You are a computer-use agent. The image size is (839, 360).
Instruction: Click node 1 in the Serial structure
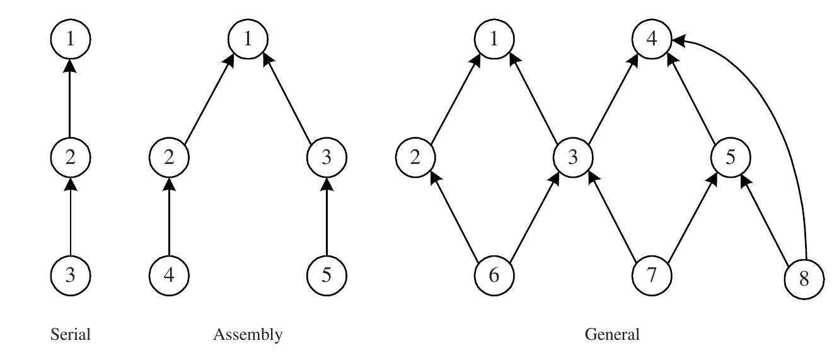[70, 39]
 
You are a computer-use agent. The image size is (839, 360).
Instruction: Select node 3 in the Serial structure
[70, 276]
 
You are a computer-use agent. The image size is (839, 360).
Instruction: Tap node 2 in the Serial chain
[70, 156]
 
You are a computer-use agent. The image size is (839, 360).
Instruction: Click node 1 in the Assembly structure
[248, 39]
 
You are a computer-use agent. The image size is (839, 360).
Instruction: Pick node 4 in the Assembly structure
[169, 276]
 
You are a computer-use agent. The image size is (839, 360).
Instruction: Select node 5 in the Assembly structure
[327, 276]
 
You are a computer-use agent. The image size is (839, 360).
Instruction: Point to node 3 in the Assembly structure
[327, 156]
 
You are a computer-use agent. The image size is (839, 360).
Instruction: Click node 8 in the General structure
[804, 279]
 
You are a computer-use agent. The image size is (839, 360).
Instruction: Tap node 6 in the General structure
[494, 276]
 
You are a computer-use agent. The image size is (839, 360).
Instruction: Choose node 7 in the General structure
[652, 276]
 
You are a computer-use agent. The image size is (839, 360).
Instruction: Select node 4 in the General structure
[652, 39]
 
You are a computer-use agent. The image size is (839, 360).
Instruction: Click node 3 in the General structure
[573, 156]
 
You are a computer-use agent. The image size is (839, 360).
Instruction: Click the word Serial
[70, 335]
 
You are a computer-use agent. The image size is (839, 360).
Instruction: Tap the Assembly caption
[248, 335]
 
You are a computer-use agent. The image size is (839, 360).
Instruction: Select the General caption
[612, 335]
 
